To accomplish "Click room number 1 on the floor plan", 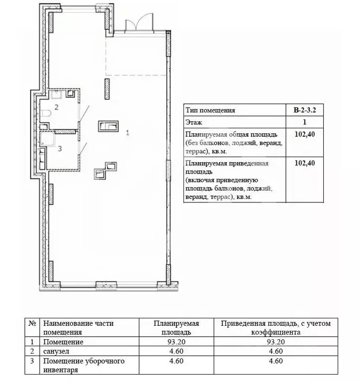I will [128, 133].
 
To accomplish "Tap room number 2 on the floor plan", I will [57, 107].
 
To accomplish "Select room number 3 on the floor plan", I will [60, 148].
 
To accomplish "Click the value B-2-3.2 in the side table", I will [304, 110].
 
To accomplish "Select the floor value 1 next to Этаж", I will [304, 122].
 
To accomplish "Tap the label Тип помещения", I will [210, 110].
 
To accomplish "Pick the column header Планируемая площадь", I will [176, 327].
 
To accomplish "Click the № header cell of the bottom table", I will [33, 323].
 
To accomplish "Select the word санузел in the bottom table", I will [56, 351].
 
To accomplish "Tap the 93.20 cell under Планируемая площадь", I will [176, 342].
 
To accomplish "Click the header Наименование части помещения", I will [79, 327].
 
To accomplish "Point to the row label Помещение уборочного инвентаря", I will [84, 365].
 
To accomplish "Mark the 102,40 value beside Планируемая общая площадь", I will [304, 134].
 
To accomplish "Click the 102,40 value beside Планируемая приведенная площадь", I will [304, 163].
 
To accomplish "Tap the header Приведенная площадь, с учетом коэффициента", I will [275, 327].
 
